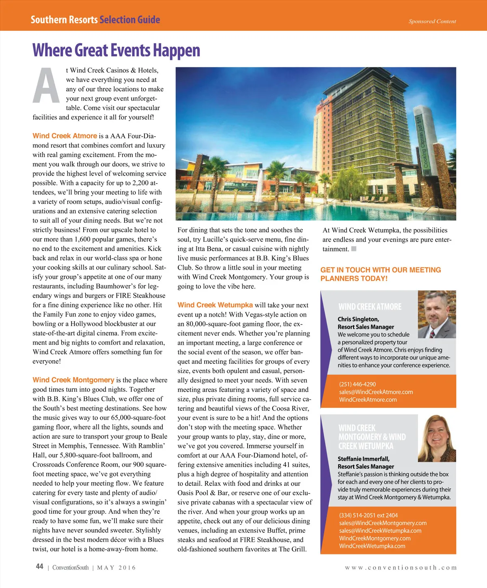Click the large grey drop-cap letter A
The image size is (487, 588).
pos(46,86)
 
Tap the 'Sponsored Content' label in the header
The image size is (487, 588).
pos(432,21)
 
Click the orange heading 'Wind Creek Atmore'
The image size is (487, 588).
pos(65,136)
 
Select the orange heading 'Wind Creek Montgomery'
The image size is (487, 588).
pos(73,380)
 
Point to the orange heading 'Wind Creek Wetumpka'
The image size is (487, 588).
pos(215,305)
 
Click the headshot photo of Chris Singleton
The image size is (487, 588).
pos(437,314)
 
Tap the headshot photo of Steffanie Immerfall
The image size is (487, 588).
pos(437,438)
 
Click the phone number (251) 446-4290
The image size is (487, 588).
pos(358,384)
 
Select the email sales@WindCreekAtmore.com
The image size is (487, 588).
pos(376,392)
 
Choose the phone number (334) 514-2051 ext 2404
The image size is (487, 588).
pos(368,515)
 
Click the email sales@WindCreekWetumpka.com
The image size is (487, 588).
pos(380,530)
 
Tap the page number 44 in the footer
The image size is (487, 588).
pos(39,567)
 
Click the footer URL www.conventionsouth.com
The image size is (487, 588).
pos(401,568)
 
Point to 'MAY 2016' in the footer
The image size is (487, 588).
pos(116,568)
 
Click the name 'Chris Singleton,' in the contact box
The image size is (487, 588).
pos(358,319)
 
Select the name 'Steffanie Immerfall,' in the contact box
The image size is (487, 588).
pos(364,459)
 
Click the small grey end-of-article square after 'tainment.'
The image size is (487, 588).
pos(354,249)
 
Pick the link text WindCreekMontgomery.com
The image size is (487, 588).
pos(375,538)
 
